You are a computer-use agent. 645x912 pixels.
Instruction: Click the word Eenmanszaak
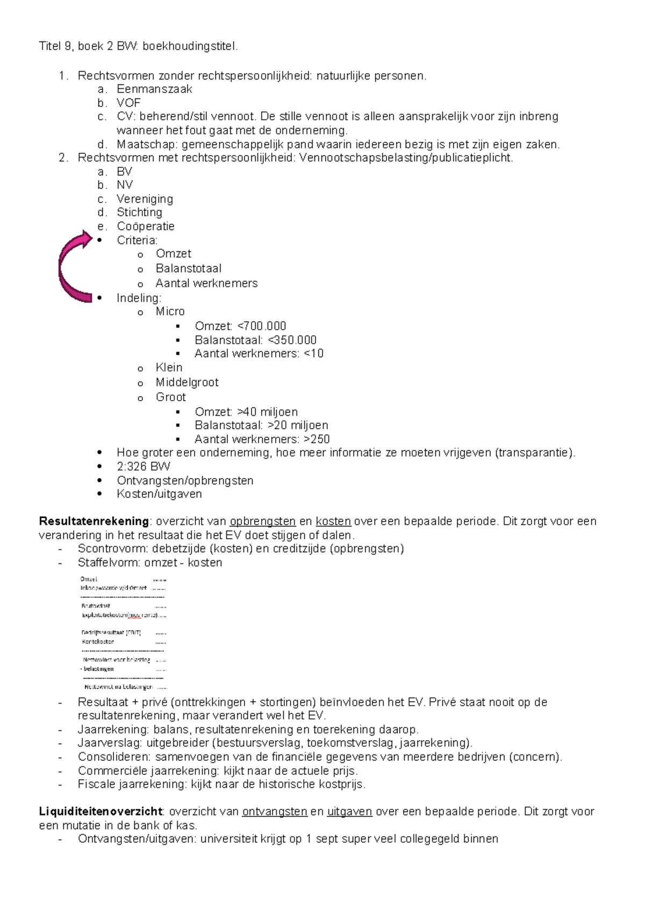tap(154, 89)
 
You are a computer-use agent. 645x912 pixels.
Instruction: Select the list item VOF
tap(128, 103)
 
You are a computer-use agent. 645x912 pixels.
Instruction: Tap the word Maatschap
tap(147, 144)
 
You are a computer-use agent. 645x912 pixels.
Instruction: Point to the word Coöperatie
tap(146, 226)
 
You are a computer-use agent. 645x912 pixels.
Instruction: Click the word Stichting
tap(139, 212)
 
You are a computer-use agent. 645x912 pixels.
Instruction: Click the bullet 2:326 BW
tap(143, 466)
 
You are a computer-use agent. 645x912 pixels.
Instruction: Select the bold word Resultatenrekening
tap(94, 521)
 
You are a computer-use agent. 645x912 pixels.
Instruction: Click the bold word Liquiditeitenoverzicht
tap(101, 811)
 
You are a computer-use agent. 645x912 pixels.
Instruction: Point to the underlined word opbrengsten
tap(262, 521)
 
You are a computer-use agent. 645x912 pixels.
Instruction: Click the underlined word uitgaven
tap(349, 811)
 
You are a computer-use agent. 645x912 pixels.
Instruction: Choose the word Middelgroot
tap(187, 382)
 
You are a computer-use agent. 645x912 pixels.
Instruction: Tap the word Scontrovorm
tap(112, 548)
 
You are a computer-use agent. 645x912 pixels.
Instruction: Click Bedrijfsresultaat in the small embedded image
tap(103, 632)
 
